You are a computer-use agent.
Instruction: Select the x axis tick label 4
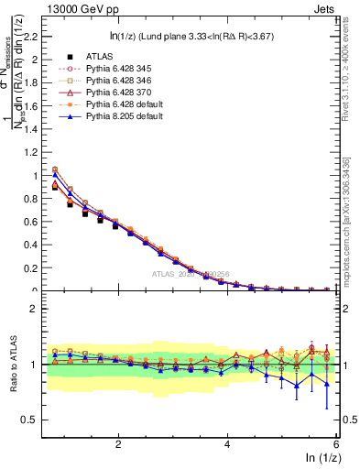227,444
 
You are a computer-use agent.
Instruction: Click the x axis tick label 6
336,444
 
